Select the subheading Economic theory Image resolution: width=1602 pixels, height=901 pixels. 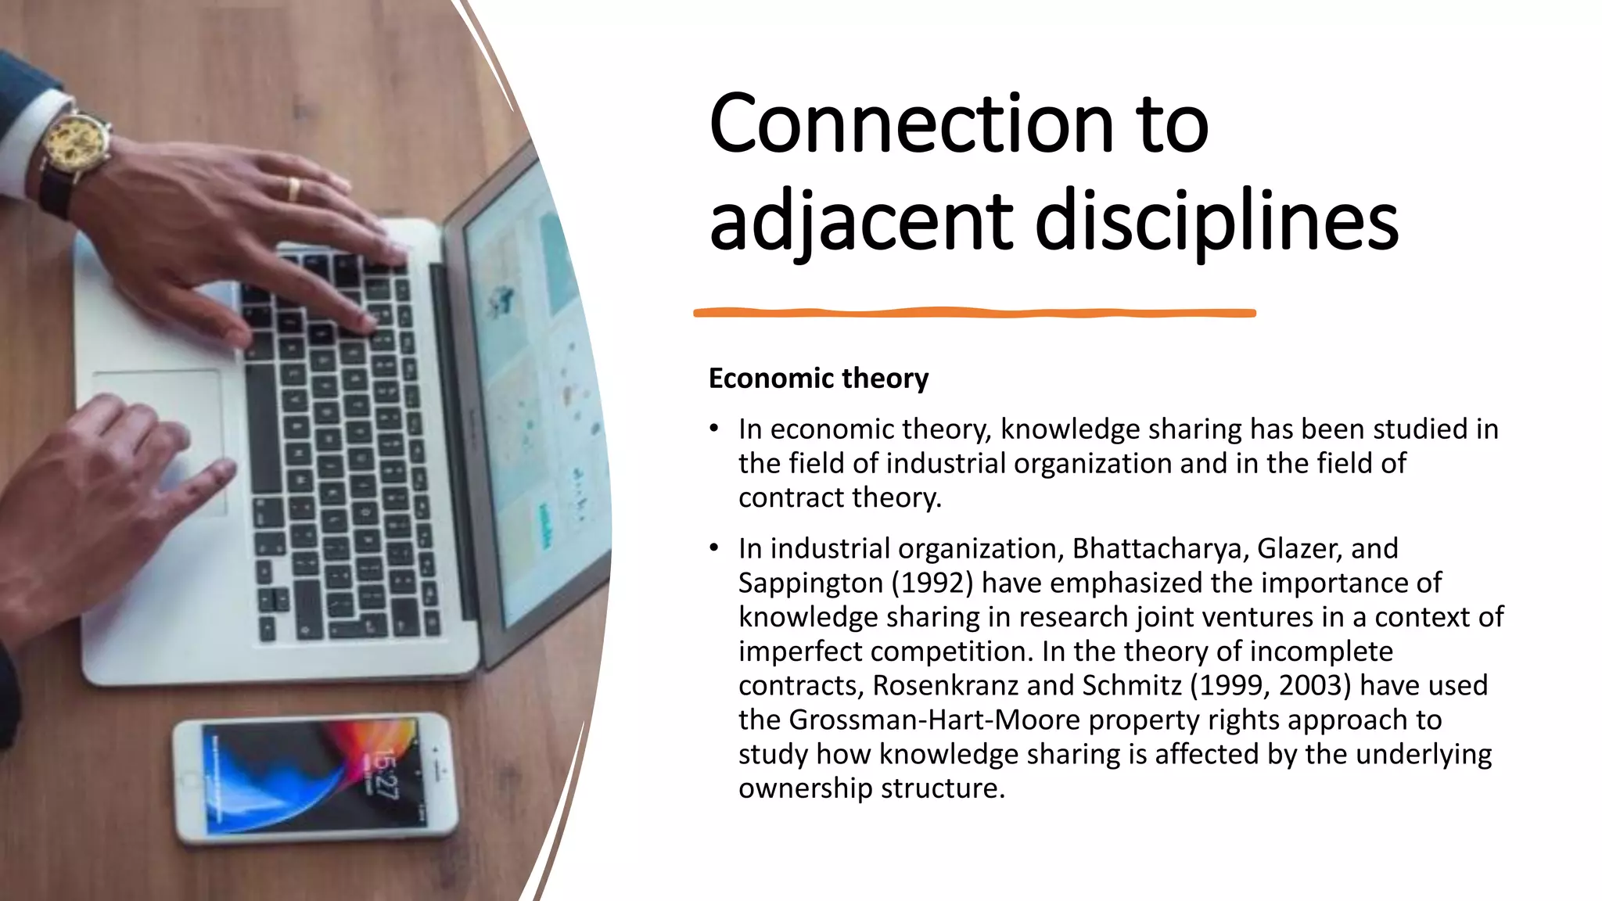click(x=818, y=379)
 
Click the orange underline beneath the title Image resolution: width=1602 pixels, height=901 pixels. click(x=974, y=313)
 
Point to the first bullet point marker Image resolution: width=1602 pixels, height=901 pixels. click(x=713, y=429)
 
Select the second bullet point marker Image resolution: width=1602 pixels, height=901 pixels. click(x=713, y=548)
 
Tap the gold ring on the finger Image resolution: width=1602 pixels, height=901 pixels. click(x=293, y=188)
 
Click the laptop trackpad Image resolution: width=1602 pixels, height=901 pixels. click(x=160, y=438)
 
